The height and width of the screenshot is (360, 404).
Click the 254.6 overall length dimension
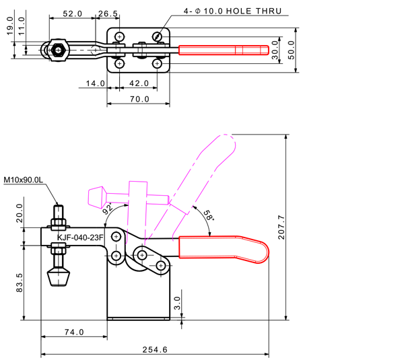(x=156, y=349)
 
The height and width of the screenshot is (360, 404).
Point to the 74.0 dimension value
(x=73, y=332)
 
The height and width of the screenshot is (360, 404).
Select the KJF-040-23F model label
(x=80, y=237)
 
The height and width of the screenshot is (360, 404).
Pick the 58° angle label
(x=208, y=216)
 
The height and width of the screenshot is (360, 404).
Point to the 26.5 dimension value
(x=108, y=13)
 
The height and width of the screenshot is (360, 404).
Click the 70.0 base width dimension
(x=139, y=100)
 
